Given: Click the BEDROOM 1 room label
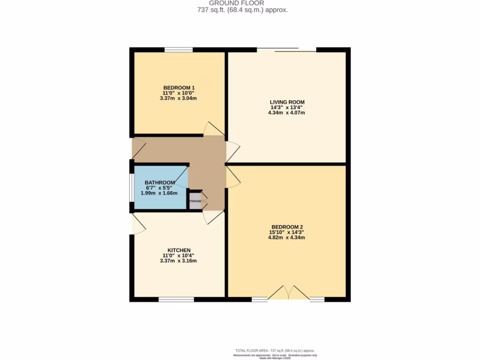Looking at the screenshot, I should [x=179, y=88].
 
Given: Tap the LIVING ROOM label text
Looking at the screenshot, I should [x=287, y=102].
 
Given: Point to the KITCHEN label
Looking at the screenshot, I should [x=179, y=250].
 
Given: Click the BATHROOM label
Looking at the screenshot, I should [x=160, y=182].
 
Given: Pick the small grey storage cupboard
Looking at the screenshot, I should [x=195, y=201].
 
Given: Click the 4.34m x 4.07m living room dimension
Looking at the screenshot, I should [x=287, y=112].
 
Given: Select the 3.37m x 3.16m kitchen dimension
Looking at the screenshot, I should [x=179, y=261].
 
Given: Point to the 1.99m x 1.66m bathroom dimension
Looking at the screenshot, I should [x=159, y=193].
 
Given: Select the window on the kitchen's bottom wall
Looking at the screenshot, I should [x=176, y=299].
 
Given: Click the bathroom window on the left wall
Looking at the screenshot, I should [x=132, y=187].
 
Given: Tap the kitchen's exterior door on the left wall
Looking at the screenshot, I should [x=138, y=225].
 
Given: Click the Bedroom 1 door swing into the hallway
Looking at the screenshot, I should [x=213, y=129].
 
